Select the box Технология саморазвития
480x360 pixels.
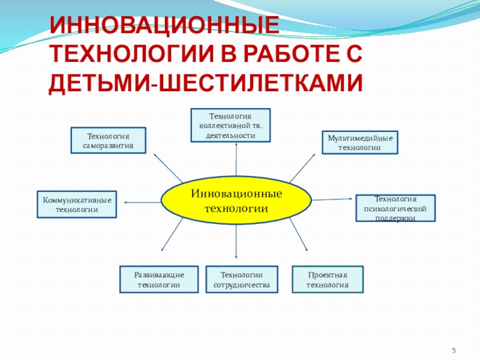(x=109, y=141)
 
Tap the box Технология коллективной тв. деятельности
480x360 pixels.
(x=230, y=125)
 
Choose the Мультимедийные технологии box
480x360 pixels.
(x=360, y=142)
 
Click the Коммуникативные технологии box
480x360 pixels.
(x=77, y=205)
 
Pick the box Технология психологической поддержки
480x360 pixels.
(x=395, y=208)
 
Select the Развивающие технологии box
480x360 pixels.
(x=159, y=279)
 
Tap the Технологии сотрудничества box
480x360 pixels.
(x=242, y=279)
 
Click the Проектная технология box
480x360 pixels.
(x=328, y=279)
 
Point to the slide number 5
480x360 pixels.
(x=454, y=350)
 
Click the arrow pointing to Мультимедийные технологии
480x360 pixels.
(x=302, y=167)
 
